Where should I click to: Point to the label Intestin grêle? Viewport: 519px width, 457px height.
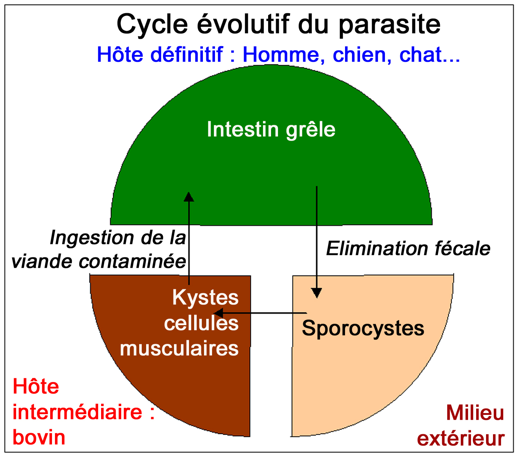[271, 130]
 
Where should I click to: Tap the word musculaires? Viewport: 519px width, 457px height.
[179, 349]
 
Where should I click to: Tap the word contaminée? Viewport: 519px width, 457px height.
[132, 262]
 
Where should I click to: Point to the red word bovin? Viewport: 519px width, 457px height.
[39, 437]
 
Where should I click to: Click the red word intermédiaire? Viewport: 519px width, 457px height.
[77, 412]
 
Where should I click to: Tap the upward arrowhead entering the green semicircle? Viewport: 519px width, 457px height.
[189, 197]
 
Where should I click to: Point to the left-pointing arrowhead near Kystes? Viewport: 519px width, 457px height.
[219, 313]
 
